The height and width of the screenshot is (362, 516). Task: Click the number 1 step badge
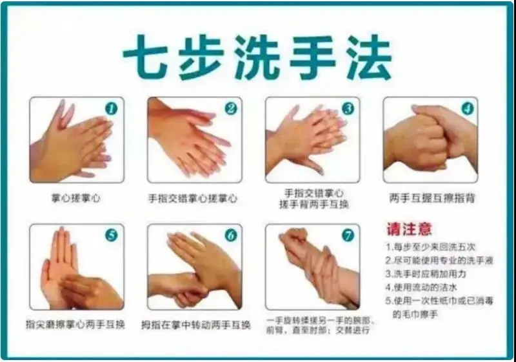coord(112,108)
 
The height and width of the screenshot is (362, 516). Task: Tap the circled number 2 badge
coord(231,108)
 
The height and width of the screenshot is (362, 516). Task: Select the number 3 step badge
coord(348,108)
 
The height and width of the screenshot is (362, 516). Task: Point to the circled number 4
coord(467,108)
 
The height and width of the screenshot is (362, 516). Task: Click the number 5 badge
coord(112,236)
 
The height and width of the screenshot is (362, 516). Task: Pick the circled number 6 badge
coord(231,236)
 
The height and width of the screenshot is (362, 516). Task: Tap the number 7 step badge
coord(348,236)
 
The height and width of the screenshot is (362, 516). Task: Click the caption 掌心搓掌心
coord(75,199)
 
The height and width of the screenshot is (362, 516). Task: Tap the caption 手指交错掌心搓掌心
coord(193,199)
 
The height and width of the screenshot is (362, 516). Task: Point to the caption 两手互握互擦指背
coord(432,198)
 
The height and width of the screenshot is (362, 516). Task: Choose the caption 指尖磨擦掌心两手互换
coord(75,325)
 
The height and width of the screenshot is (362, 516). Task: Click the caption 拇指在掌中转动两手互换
coord(196,325)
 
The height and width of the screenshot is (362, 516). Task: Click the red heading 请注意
coord(410,229)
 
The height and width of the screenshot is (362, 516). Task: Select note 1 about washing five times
coord(431,246)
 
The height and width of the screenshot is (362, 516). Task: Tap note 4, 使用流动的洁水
coord(422,288)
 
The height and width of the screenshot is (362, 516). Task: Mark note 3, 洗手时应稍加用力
coord(426,274)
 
